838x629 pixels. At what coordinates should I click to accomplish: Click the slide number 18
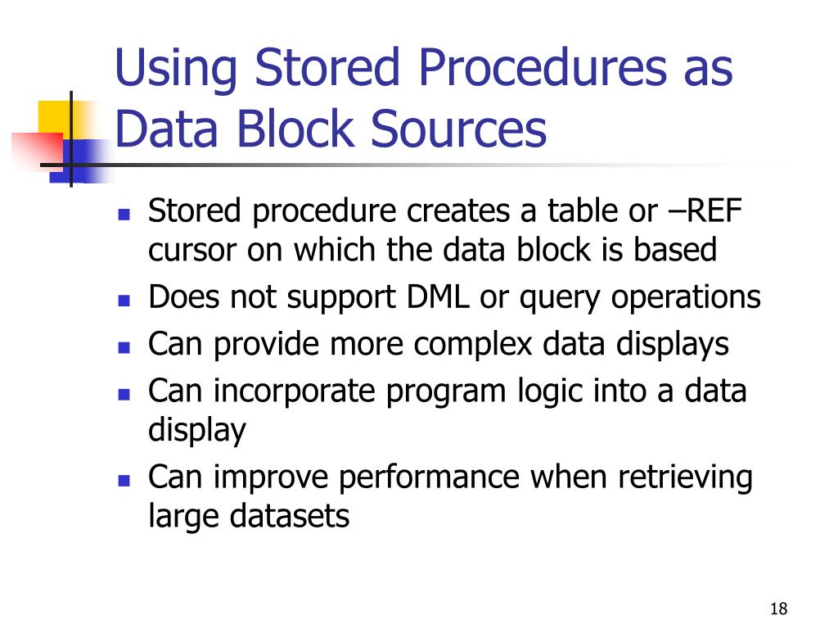click(x=778, y=609)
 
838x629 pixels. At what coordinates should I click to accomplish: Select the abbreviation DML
click(x=439, y=297)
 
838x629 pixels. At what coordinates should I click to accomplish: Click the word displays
click(x=674, y=345)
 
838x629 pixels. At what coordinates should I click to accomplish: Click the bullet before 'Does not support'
click(x=124, y=300)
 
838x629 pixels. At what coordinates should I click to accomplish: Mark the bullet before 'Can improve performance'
click(x=124, y=480)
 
